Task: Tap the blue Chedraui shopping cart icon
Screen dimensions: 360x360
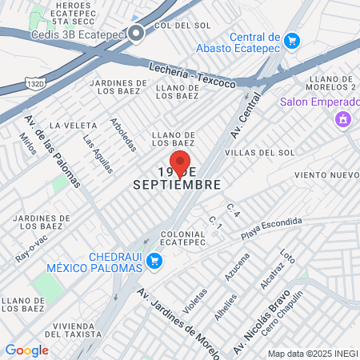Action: [x=155, y=260]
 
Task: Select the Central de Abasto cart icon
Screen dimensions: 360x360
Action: [x=292, y=40]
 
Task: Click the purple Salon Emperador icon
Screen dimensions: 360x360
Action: [x=342, y=120]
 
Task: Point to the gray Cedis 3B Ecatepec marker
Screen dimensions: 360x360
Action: [x=137, y=34]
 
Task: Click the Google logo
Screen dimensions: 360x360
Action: [x=26, y=350]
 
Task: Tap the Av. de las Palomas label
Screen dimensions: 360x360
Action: [x=52, y=151]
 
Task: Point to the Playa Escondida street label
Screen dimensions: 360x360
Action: [x=272, y=228]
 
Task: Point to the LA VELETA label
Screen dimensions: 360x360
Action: [x=67, y=125]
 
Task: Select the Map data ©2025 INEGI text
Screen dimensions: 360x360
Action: [x=312, y=354]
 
